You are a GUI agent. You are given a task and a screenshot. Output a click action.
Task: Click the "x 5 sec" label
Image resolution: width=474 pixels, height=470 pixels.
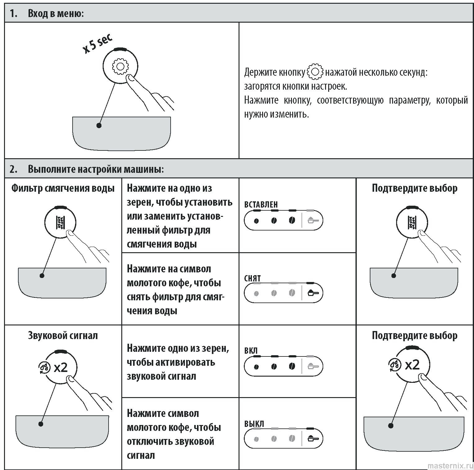[97, 44]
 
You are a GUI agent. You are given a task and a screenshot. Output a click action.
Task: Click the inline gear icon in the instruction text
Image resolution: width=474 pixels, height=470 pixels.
[315, 72]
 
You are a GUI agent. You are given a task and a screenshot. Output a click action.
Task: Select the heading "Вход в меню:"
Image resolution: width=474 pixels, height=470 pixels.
[56, 14]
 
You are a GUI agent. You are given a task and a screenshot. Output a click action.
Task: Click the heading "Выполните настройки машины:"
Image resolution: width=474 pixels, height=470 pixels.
[96, 169]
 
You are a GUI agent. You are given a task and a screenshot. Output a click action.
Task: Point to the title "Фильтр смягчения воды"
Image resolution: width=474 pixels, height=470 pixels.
[63, 188]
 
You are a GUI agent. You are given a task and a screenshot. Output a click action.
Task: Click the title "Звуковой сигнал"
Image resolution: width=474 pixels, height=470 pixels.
[63, 335]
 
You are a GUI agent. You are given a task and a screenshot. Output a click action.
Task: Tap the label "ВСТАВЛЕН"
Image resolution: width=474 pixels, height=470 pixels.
[261, 204]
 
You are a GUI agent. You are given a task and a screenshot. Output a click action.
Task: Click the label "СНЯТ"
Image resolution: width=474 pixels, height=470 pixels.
[253, 278]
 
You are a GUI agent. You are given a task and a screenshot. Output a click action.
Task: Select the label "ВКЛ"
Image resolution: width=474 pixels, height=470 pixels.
[251, 351]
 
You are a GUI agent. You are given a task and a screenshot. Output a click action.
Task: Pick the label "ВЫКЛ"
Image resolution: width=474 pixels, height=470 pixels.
[254, 424]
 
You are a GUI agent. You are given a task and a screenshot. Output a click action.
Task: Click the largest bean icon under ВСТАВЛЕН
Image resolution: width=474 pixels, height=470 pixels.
[292, 221]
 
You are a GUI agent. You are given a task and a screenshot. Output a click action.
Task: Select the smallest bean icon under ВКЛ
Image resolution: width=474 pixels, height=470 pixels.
[256, 367]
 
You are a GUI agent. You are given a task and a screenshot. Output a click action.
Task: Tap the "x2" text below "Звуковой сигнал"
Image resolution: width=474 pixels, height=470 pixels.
[61, 368]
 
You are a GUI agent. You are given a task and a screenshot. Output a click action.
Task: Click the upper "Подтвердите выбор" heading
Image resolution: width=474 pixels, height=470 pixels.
[414, 188]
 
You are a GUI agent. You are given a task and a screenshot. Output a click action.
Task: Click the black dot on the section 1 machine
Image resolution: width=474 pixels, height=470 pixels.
[99, 126]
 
